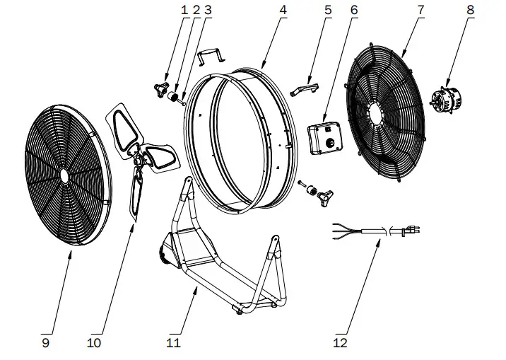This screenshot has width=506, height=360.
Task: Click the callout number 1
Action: (186, 10)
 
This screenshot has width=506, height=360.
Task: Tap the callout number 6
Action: (353, 10)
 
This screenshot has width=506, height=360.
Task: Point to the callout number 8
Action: (469, 10)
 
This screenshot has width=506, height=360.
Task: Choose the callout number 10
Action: (95, 343)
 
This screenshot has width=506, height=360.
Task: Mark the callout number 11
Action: (174, 343)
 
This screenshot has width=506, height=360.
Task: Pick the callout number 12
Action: (341, 343)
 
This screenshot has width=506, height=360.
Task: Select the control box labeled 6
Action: (326, 136)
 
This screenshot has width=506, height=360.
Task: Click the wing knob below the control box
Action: (326, 193)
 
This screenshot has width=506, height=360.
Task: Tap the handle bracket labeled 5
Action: (305, 89)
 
